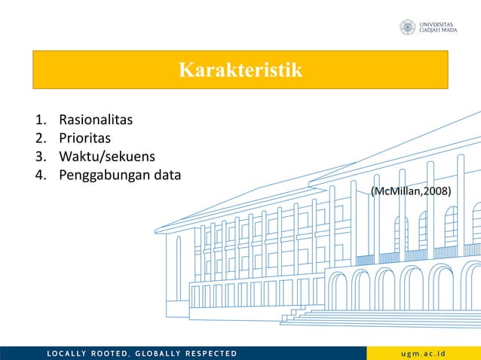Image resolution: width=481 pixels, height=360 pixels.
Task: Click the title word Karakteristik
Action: (x=240, y=71)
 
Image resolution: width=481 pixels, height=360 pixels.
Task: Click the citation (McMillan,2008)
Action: (x=411, y=192)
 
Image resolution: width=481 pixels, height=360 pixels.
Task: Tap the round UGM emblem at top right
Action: (x=408, y=28)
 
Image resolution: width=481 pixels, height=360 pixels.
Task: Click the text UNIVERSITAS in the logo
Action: (x=437, y=24)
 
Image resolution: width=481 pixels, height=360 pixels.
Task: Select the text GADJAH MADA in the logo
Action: (x=438, y=32)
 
